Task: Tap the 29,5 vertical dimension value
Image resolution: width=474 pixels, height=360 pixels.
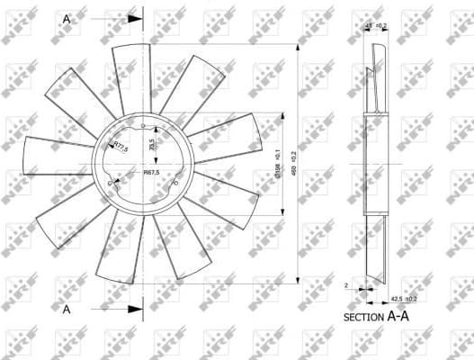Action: (x=152, y=144)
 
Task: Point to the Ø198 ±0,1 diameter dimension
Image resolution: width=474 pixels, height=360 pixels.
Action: (x=279, y=164)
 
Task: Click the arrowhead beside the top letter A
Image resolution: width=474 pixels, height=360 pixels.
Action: (x=135, y=17)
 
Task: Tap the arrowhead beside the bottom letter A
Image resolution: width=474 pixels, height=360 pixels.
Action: (x=135, y=309)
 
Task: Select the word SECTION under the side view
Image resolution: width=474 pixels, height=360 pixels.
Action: (x=364, y=318)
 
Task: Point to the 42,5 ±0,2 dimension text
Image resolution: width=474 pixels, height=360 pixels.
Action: (x=402, y=299)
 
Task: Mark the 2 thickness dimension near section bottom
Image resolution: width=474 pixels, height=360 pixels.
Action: (x=346, y=285)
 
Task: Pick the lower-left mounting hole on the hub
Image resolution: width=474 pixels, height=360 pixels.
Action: (x=109, y=185)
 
